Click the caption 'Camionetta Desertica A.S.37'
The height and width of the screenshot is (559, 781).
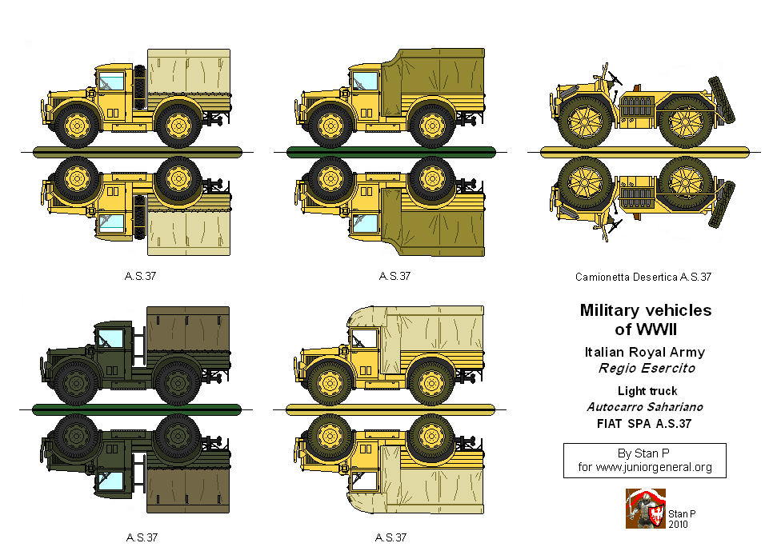click(x=643, y=278)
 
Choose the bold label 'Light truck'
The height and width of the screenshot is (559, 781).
click(x=647, y=391)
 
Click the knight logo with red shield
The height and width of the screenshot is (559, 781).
click(x=645, y=509)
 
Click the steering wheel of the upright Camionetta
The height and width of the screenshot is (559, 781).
click(x=615, y=78)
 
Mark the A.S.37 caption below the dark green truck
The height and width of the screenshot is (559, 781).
click(x=141, y=537)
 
